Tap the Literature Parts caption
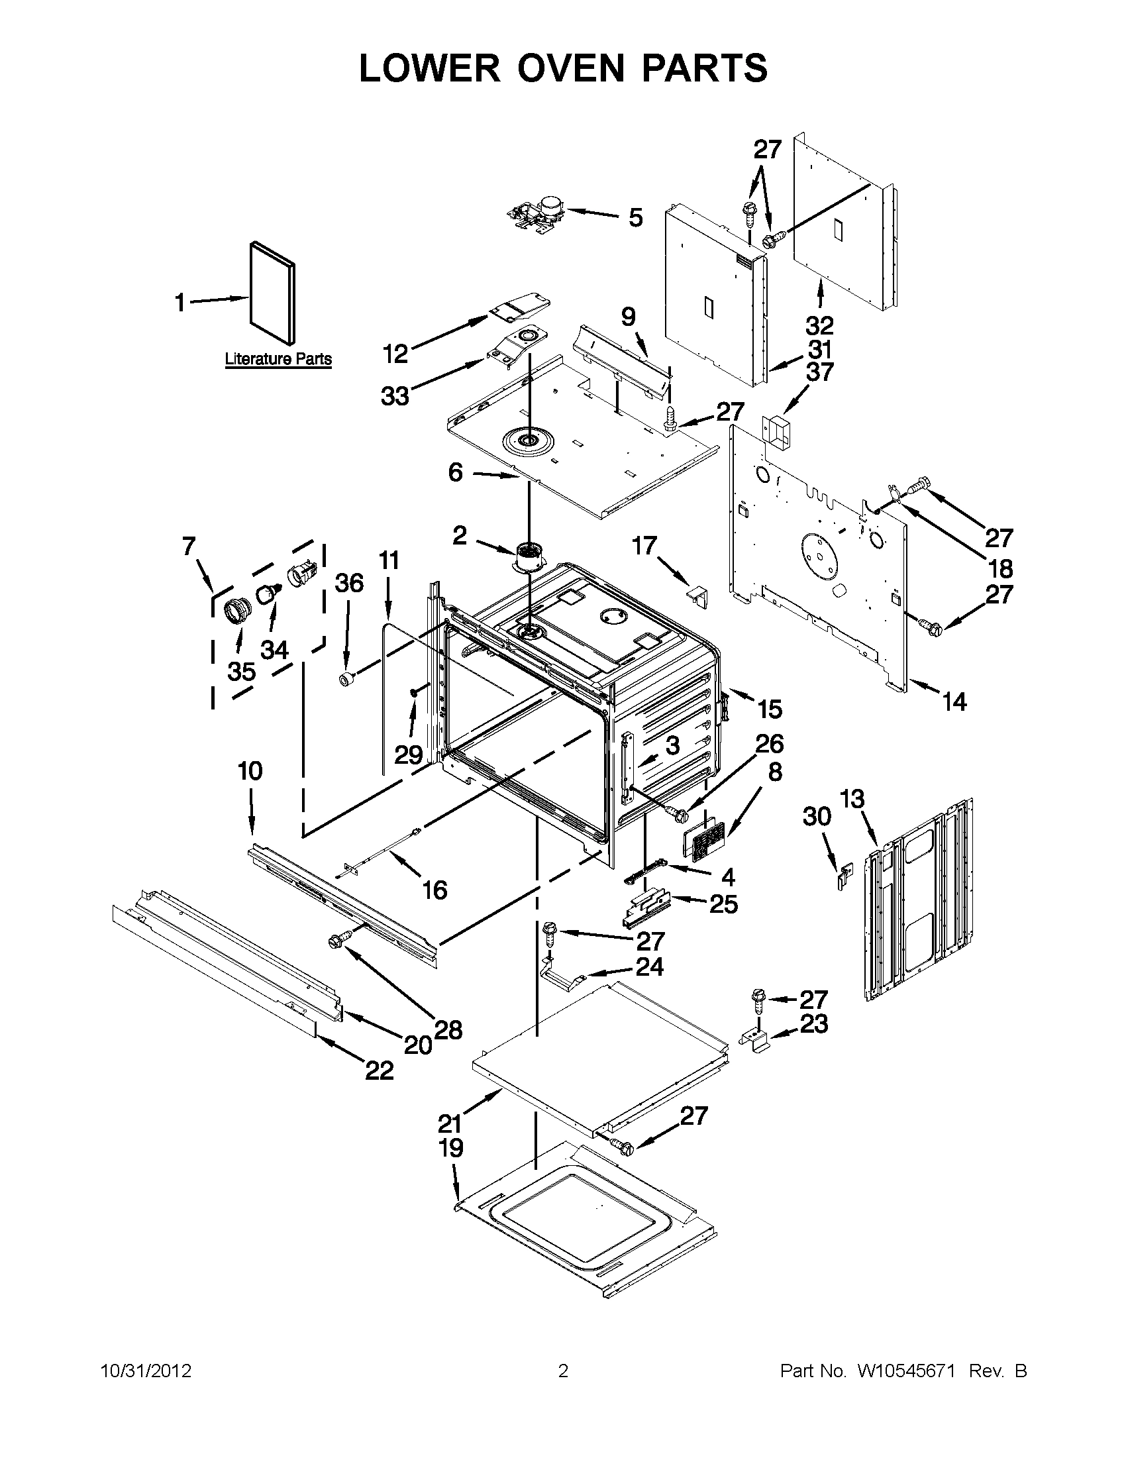(x=278, y=359)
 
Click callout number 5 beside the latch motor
(x=635, y=218)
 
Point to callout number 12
(x=395, y=354)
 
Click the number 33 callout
(x=395, y=397)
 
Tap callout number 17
(x=644, y=546)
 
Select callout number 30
(x=817, y=816)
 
